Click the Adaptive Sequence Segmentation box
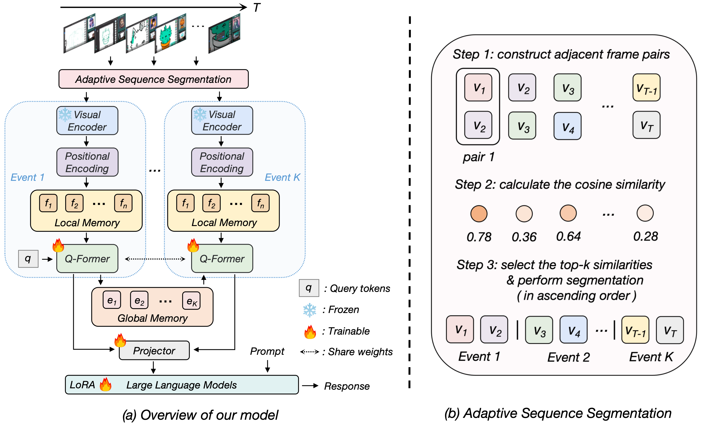[x=153, y=79]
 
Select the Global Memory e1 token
[x=112, y=300]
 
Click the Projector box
[x=154, y=350]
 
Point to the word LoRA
[x=82, y=385]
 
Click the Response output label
[x=347, y=386]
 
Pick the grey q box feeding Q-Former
[x=28, y=259]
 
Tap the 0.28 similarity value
[x=645, y=236]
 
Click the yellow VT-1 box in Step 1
[x=646, y=87]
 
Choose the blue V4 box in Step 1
[x=567, y=126]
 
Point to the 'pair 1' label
[x=479, y=157]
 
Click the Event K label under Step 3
[x=651, y=357]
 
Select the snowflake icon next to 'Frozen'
[x=309, y=310]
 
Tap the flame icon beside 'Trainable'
[x=310, y=332]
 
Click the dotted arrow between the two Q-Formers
[x=155, y=259]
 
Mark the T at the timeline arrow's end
[x=256, y=8]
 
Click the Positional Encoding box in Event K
[x=222, y=162]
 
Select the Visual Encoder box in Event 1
[x=87, y=120]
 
